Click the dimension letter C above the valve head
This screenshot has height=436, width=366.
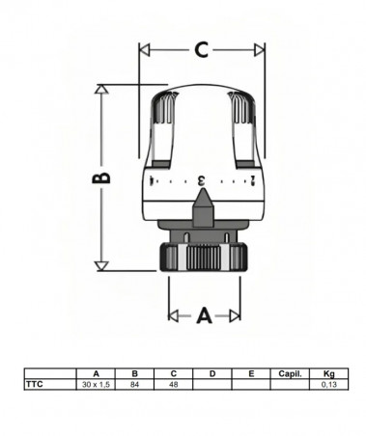[x=202, y=50]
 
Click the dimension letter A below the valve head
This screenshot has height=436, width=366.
[x=204, y=315]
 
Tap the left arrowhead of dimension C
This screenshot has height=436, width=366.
[x=144, y=50]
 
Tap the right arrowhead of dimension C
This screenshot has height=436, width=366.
[x=260, y=50]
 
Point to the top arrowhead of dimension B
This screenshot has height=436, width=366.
[x=101, y=89]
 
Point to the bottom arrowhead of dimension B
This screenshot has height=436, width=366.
[x=101, y=266]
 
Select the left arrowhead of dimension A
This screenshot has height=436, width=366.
[x=174, y=316]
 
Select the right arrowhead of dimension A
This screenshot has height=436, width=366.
[x=235, y=316]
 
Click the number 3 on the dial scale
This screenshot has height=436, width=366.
[x=201, y=180]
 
